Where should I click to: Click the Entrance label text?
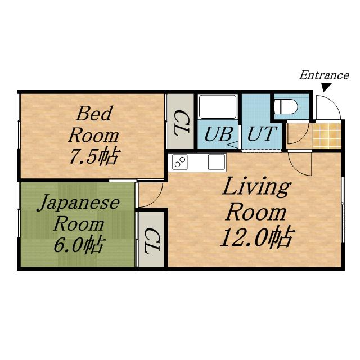click(x=324, y=75)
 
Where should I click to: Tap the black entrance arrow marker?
click(x=326, y=88)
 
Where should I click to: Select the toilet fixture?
click(x=286, y=106)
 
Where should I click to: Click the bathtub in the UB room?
click(x=218, y=106)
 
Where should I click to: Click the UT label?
click(x=262, y=134)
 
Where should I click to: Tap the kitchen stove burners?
click(x=180, y=161)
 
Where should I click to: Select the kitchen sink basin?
click(x=216, y=162)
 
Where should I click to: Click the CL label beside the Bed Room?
click(x=181, y=123)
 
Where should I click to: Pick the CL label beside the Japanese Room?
click(x=152, y=240)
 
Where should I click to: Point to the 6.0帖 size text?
click(x=78, y=245)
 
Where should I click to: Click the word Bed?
click(x=94, y=113)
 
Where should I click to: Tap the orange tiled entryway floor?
click(x=327, y=136)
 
